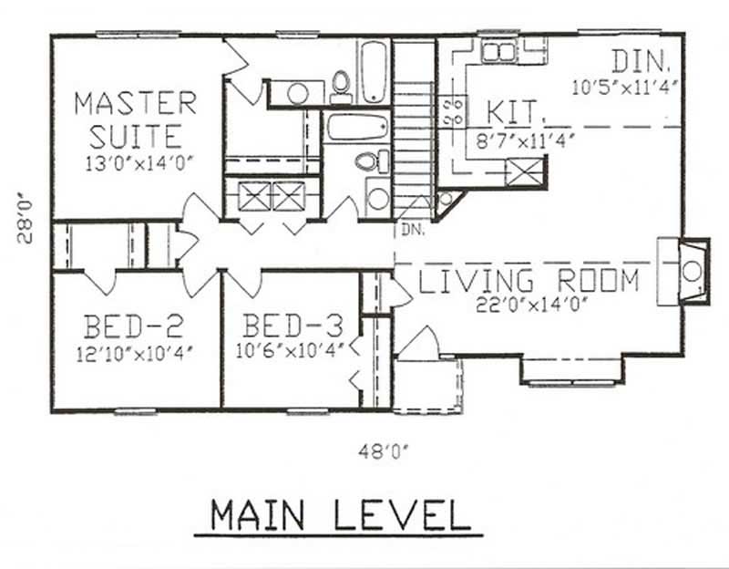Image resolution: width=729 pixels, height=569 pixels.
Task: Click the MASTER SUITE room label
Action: pos(135,119)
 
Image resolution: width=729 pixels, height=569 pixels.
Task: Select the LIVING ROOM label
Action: pos(529,281)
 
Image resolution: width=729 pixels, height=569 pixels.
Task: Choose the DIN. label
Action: pos(642,62)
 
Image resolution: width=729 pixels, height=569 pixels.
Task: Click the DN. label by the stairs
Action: pos(412,231)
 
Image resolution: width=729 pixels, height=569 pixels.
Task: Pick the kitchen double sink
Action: pos(498,50)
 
